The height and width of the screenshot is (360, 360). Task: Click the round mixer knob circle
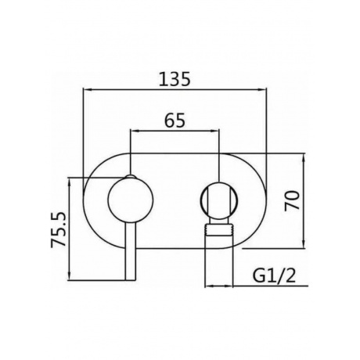[x=130, y=200]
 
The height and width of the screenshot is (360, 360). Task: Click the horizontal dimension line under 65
[x=175, y=131]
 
